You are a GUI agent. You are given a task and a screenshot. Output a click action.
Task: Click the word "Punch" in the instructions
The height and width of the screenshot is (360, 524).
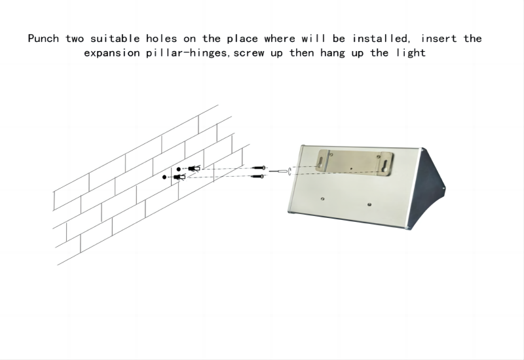click(x=43, y=39)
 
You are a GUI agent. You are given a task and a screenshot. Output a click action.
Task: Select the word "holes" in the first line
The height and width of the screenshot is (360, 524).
click(x=161, y=39)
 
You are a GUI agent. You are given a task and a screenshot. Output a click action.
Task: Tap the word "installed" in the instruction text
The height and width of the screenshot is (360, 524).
click(x=381, y=39)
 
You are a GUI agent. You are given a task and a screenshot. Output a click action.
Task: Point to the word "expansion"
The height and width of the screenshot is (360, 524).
click(x=112, y=54)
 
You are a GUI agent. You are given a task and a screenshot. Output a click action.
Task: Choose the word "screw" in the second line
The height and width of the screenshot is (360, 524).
click(x=249, y=54)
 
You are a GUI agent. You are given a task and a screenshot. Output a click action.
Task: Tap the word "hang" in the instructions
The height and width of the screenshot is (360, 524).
click(x=333, y=54)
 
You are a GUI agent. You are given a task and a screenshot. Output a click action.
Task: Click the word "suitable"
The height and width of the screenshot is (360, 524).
click(x=115, y=39)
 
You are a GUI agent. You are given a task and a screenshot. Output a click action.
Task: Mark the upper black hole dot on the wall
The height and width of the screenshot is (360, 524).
click(x=178, y=170)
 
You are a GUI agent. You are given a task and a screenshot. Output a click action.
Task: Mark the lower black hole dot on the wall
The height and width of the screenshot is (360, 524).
click(x=164, y=177)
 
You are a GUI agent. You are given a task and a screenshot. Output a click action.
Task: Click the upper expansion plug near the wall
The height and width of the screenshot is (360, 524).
click(x=194, y=168)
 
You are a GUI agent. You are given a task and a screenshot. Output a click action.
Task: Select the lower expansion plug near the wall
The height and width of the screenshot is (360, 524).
click(x=179, y=177)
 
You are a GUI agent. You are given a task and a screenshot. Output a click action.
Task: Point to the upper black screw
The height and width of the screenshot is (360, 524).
click(x=259, y=168)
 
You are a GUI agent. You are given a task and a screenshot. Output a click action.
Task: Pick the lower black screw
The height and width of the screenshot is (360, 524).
click(x=258, y=176)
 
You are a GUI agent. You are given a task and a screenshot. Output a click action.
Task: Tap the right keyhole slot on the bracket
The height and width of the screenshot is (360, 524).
click(x=385, y=166)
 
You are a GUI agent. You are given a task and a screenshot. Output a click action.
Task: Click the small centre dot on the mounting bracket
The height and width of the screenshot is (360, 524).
click(x=351, y=169)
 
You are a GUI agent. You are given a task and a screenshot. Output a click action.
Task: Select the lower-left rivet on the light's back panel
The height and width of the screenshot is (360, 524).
click(x=322, y=199)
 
